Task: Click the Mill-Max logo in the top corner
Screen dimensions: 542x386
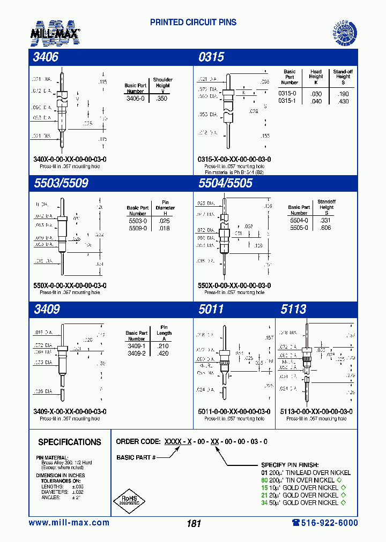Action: click(55, 32)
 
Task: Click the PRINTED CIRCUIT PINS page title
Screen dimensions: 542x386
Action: click(193, 22)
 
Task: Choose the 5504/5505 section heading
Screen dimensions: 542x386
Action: click(225, 183)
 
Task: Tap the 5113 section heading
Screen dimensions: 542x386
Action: click(293, 309)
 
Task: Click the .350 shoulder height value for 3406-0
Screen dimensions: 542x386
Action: click(161, 99)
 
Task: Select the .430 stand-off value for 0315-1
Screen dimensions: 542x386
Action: click(343, 101)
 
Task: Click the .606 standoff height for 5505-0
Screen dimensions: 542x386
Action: click(325, 228)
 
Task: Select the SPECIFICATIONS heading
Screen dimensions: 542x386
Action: click(69, 442)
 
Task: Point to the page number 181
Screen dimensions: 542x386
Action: click(194, 524)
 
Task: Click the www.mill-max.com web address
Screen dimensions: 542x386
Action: click(69, 523)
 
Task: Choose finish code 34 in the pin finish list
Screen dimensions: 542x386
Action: click(264, 502)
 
